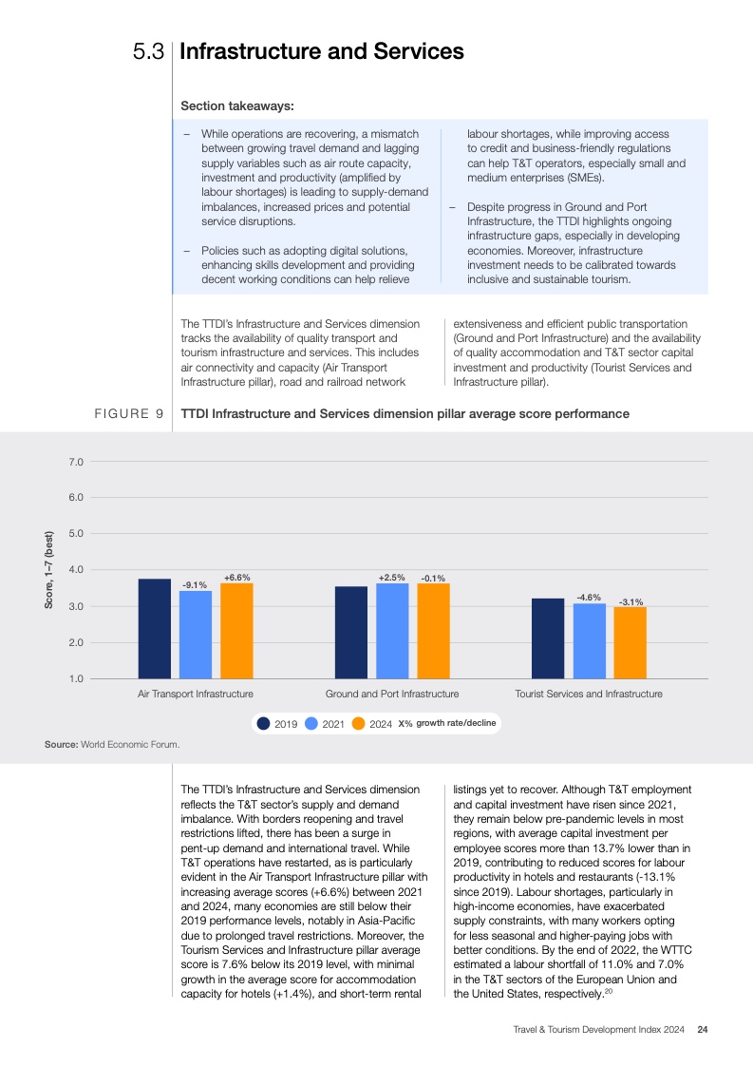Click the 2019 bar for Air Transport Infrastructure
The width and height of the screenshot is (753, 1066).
[155, 628]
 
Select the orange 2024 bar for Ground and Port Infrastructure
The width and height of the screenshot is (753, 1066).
[433, 631]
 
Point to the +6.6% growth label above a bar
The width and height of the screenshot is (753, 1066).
[236, 577]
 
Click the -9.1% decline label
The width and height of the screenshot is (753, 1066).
[195, 585]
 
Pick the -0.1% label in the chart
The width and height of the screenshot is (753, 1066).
[433, 578]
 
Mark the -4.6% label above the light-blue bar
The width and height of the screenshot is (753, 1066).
[589, 598]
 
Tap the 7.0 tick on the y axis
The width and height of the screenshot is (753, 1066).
[76, 462]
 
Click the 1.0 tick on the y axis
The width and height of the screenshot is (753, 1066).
[76, 678]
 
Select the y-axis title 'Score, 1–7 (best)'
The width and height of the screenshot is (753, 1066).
[49, 570]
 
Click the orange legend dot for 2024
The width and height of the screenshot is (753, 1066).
[358, 724]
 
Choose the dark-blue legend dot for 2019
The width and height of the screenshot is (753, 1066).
[264, 724]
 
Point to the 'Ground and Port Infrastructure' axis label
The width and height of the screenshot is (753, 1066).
[391, 695]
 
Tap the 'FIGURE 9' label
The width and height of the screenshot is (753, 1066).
[129, 414]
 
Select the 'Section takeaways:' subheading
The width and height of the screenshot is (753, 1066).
[237, 105]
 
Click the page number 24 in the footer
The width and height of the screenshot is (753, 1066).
[702, 1029]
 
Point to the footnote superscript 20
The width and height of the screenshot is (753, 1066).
[609, 992]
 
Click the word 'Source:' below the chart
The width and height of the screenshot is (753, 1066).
[62, 744]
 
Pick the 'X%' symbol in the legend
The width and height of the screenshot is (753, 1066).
[405, 724]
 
